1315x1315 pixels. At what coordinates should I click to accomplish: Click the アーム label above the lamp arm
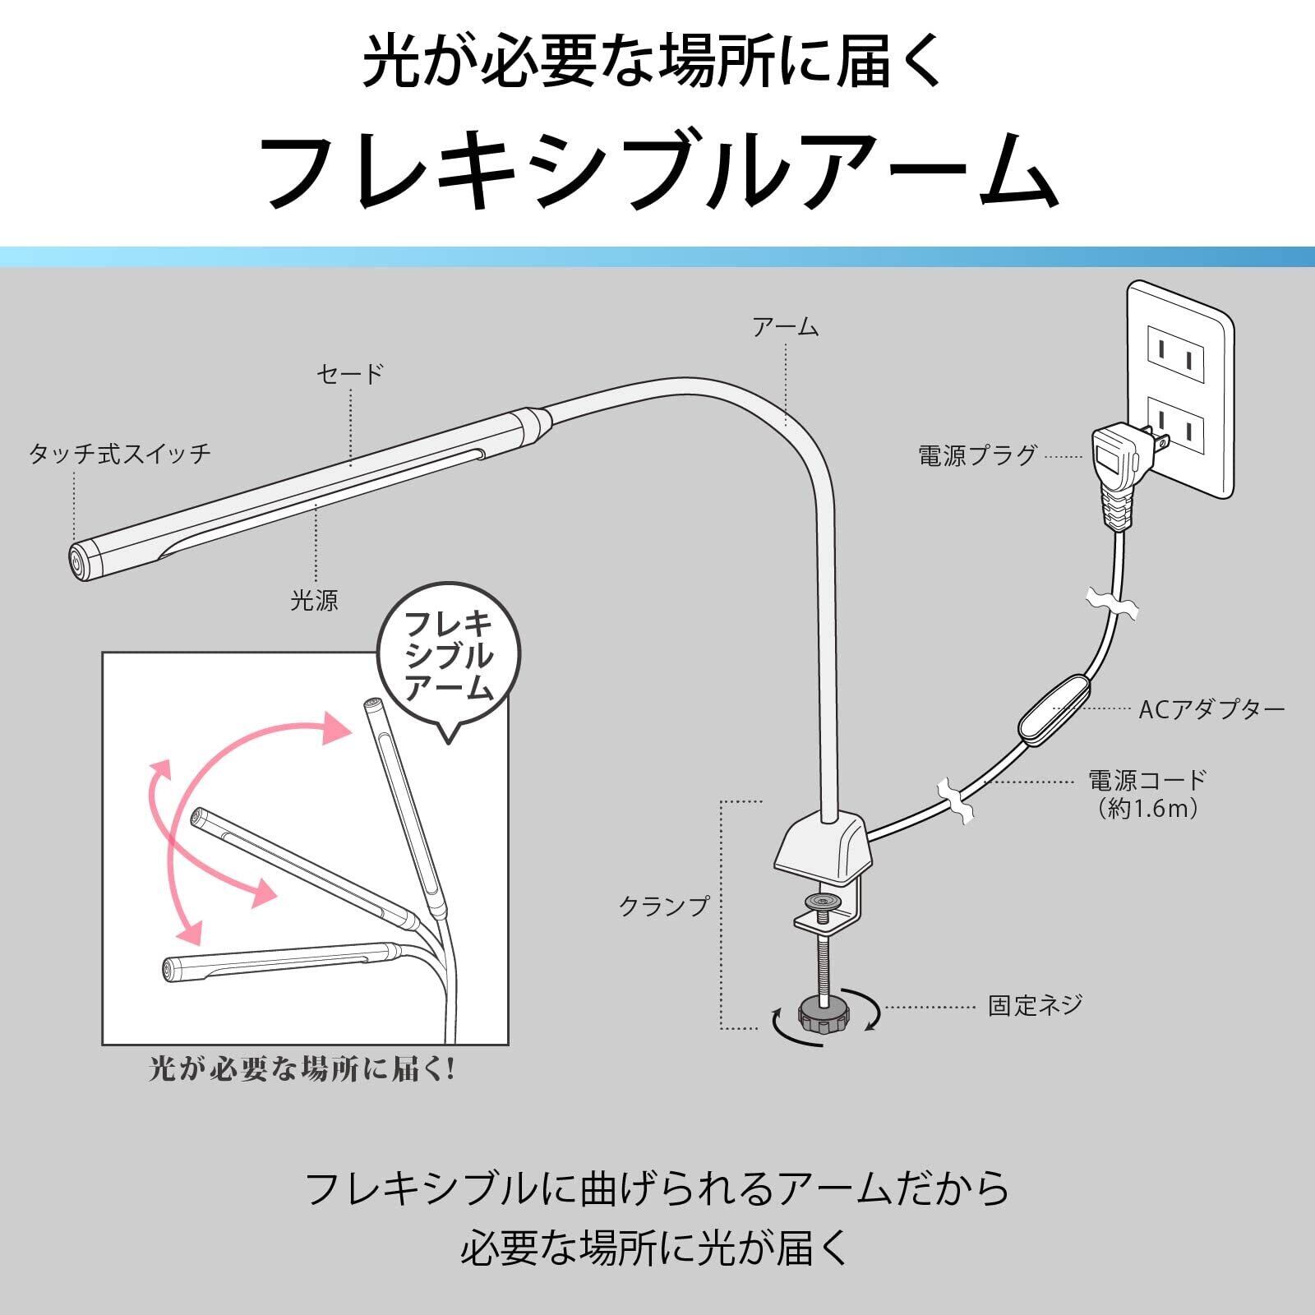tap(786, 327)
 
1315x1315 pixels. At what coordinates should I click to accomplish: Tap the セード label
tap(350, 374)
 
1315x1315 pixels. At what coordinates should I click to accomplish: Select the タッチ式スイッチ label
tap(120, 453)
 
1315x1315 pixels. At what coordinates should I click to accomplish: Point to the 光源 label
tap(314, 600)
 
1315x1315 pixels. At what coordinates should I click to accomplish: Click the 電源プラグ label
tap(977, 456)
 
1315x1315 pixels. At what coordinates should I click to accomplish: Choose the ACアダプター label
tap(1211, 709)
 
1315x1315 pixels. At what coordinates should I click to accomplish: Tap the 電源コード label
tap(1147, 778)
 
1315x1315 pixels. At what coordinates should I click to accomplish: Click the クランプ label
tap(663, 907)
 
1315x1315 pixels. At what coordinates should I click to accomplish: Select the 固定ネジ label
tap(1035, 1005)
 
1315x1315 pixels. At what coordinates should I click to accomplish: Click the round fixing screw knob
tap(824, 1017)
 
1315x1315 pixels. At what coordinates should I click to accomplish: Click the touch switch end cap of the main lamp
tap(76, 564)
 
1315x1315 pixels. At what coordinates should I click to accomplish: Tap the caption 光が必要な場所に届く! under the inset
tap(302, 1069)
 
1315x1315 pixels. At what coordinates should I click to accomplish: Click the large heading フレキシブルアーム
tap(657, 170)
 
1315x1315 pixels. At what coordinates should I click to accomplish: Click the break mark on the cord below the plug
tap(1111, 603)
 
